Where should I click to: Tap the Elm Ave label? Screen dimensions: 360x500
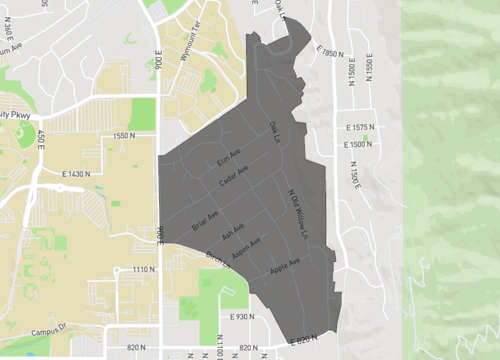coord(229,156)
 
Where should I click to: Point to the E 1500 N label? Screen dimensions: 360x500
coord(355,145)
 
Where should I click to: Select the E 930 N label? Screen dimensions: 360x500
coord(238,317)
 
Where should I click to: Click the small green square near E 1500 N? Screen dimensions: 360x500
coord(366,138)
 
